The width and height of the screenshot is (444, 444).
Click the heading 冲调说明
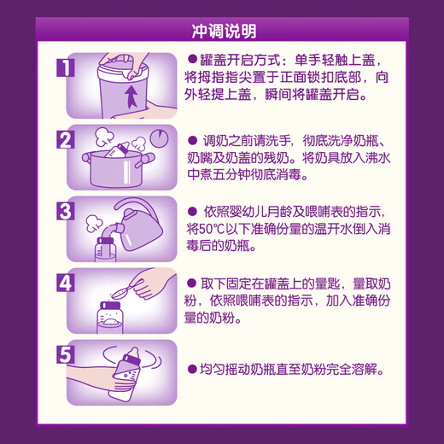click(221, 32)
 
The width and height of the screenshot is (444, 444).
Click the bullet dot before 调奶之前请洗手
click(193, 139)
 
